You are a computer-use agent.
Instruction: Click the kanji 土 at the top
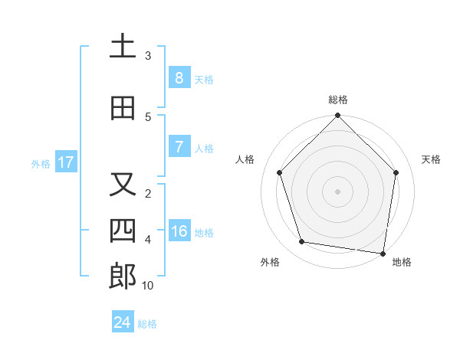[123, 47]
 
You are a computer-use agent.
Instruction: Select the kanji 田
[123, 108]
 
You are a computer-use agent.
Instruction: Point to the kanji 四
[123, 230]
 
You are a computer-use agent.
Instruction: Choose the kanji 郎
[123, 277]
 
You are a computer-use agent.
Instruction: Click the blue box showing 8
[179, 77]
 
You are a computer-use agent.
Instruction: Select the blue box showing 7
[179, 146]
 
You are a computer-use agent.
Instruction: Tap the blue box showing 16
[179, 231]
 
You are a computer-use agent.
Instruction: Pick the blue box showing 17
[65, 162]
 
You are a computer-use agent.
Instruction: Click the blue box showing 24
[123, 322]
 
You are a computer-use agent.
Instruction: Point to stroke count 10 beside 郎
[148, 286]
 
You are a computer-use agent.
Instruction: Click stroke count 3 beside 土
[148, 56]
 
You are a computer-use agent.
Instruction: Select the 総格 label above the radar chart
[337, 100]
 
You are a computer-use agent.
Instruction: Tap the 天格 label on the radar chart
[432, 159]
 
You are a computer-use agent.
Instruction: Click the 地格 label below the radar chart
[402, 262]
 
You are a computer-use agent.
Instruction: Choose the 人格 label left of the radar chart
[245, 159]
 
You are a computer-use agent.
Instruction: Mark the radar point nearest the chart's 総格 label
[337, 116]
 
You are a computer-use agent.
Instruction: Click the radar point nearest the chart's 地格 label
[383, 253]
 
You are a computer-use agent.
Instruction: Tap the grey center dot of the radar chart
[337, 191]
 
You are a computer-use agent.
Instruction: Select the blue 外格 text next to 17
[40, 163]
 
